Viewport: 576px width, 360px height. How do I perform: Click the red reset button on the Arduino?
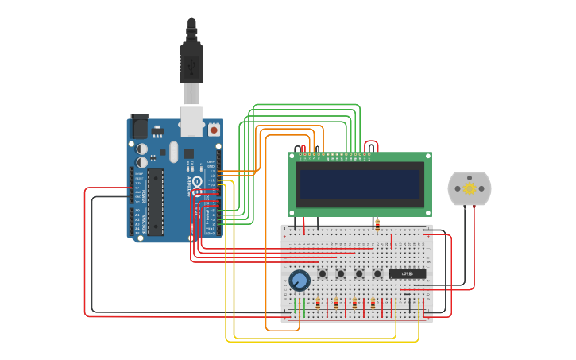pyautogui.click(x=214, y=128)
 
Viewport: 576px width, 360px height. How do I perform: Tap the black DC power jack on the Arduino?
pyautogui.click(x=139, y=125)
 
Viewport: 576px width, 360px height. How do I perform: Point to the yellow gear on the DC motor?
pyautogui.click(x=469, y=188)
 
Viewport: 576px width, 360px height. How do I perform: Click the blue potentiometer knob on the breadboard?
pyautogui.click(x=300, y=280)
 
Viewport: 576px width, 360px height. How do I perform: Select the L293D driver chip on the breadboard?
pyautogui.click(x=407, y=273)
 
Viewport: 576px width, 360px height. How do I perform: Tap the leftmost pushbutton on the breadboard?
pyautogui.click(x=323, y=274)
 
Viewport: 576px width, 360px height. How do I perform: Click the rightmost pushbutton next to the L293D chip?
pyautogui.click(x=377, y=274)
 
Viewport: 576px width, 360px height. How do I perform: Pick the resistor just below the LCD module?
pyautogui.click(x=377, y=224)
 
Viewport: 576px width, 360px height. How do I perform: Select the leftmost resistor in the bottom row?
pyautogui.click(x=318, y=304)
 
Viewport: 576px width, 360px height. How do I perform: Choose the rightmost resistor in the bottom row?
pyautogui.click(x=373, y=304)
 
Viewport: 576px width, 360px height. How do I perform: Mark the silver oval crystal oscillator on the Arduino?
pyautogui.click(x=163, y=152)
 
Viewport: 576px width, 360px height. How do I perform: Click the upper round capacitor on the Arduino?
pyautogui.click(x=141, y=148)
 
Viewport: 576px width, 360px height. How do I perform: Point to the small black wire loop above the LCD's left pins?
pyautogui.click(x=300, y=148)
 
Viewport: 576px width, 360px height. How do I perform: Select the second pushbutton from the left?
pyautogui.click(x=341, y=274)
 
